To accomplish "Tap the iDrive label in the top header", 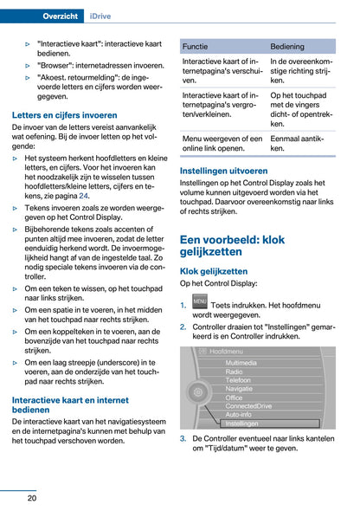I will click(x=109, y=16).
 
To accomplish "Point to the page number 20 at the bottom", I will click(x=31, y=497).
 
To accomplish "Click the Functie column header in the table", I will click(x=196, y=46).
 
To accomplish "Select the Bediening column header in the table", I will click(x=287, y=46).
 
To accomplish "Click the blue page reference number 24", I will click(x=84, y=196).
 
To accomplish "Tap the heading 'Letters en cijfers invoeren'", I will click(x=65, y=114).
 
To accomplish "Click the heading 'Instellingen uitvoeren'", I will click(x=223, y=171).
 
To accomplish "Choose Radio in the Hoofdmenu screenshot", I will click(x=234, y=372).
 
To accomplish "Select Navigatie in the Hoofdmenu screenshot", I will click(x=240, y=389).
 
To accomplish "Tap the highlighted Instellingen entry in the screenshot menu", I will click(x=241, y=424).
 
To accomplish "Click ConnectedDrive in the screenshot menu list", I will click(x=248, y=406).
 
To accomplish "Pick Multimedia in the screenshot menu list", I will click(x=241, y=363).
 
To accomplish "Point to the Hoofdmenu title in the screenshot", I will click(x=227, y=351).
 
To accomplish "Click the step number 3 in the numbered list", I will click(x=183, y=439).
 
